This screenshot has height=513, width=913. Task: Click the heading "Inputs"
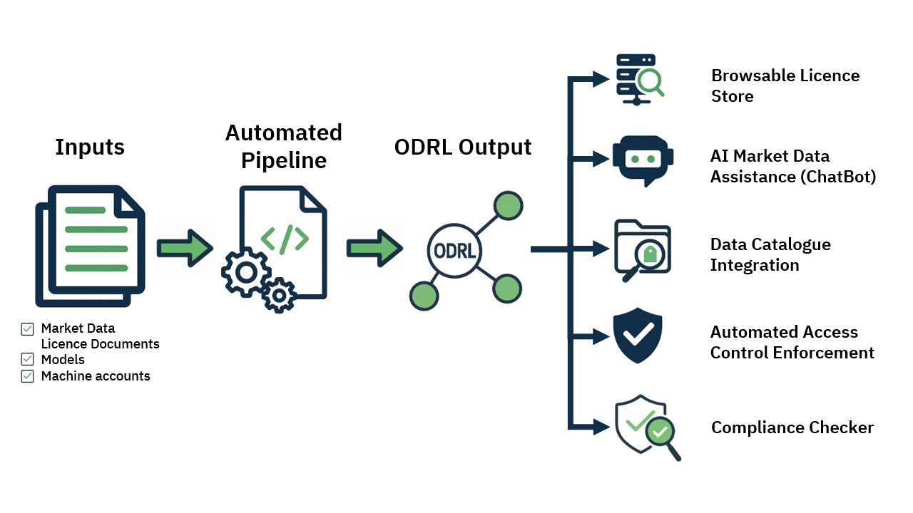90,147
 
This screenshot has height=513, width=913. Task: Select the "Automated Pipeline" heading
284,146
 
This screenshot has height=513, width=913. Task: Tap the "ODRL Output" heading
463,147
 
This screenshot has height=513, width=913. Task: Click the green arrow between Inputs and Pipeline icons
185,247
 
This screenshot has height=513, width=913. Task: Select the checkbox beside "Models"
28,359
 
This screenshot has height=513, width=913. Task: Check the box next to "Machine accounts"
28,376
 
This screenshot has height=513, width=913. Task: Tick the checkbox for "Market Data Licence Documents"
28,329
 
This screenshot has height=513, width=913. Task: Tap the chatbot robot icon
642,160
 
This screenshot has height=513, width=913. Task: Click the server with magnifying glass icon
639,78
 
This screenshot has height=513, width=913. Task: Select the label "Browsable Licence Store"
785,85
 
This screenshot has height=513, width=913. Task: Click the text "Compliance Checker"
792,427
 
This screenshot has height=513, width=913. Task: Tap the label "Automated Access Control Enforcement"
792,342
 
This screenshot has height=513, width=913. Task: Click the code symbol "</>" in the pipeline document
285,240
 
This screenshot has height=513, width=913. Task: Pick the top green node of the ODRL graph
508,205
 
